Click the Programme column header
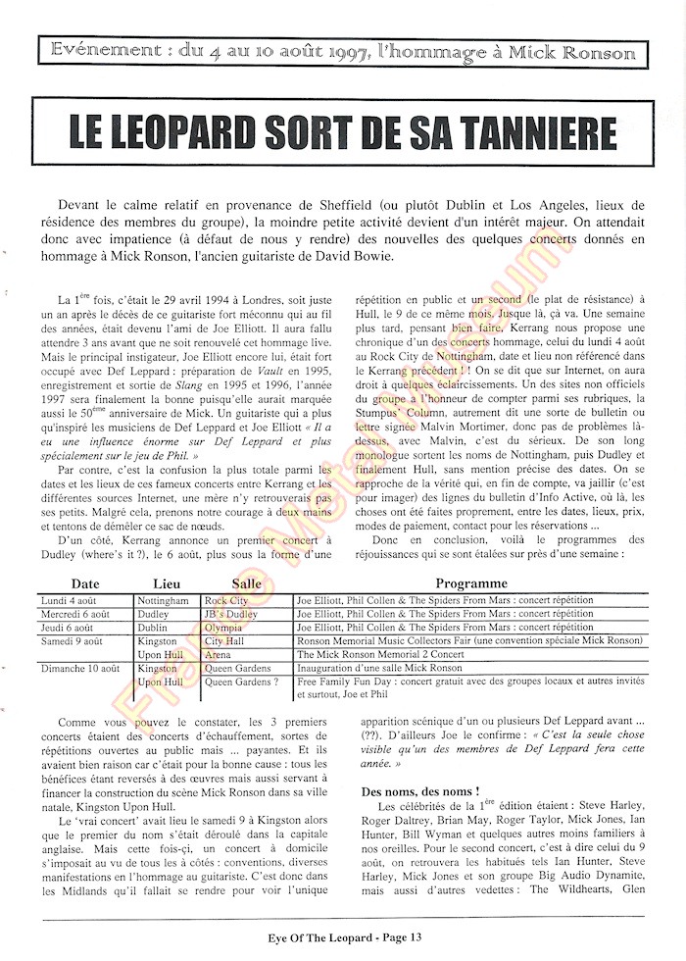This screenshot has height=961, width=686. pyautogui.click(x=470, y=582)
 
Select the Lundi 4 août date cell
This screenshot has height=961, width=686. pyautogui.click(x=70, y=599)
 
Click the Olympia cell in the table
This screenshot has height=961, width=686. pyautogui.click(x=223, y=627)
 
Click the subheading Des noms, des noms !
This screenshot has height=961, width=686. pyautogui.click(x=419, y=789)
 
